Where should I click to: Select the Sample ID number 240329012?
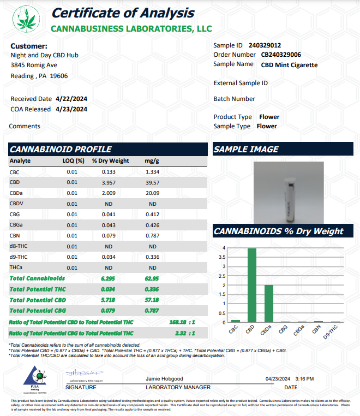point(265,45)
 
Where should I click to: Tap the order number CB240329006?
point(281,55)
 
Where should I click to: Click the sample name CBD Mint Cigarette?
point(289,65)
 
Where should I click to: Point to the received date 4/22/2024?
point(71,99)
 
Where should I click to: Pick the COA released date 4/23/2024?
point(71,109)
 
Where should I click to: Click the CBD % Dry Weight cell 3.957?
point(109,182)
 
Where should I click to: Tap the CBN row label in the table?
point(15,235)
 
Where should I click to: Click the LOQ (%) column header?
point(73,161)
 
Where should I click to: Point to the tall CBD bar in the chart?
point(252,285)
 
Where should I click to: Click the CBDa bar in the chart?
point(268,304)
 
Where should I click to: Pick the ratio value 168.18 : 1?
point(183,322)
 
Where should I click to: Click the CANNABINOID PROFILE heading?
point(61,149)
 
